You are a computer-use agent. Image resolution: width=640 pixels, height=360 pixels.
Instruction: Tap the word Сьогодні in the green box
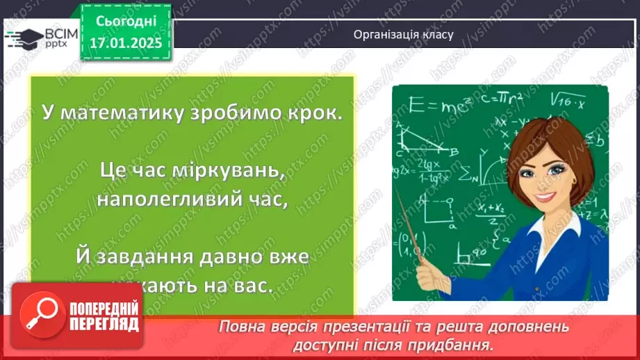tap(127, 22)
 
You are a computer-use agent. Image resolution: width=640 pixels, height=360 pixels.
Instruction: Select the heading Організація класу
tap(403, 34)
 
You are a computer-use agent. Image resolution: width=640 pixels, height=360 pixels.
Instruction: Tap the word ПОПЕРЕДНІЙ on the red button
tap(105, 309)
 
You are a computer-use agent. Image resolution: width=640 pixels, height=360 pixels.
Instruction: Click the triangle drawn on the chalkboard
tap(423, 139)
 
